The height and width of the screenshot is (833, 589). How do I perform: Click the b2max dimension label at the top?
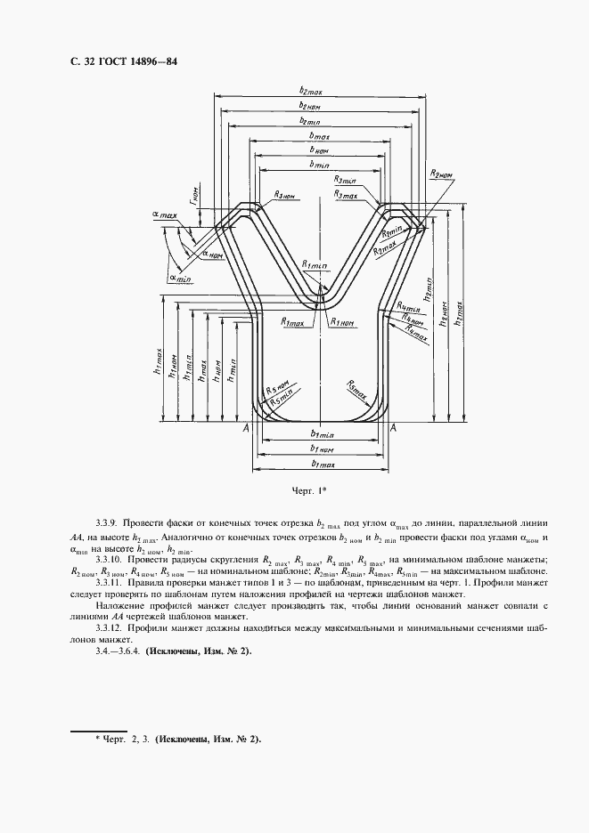[x=315, y=91]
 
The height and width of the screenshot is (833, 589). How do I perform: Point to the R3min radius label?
[x=347, y=179]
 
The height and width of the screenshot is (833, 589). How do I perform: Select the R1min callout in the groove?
[x=315, y=265]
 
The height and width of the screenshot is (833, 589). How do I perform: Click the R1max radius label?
[x=293, y=323]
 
